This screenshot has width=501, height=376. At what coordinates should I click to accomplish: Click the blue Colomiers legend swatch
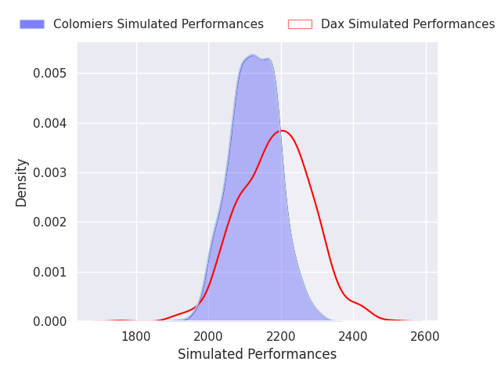point(32,24)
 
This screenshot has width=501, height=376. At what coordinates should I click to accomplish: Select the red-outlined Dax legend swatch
point(300,24)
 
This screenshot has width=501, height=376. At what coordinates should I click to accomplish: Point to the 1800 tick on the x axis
point(136,337)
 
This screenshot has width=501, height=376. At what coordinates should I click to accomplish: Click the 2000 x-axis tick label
point(208,337)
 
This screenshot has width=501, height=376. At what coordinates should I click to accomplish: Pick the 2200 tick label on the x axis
point(281,337)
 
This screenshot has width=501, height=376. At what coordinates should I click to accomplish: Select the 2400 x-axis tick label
point(353,337)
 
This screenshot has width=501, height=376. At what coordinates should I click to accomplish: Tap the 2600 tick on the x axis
point(425,337)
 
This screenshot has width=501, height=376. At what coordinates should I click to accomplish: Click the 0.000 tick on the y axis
point(50,322)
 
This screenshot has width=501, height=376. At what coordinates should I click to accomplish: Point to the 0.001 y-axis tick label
point(50,272)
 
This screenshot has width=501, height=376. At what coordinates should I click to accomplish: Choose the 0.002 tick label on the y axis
point(50,222)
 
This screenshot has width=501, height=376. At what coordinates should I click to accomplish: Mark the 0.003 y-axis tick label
point(50,172)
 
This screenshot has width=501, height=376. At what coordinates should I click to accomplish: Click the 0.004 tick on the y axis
point(50,123)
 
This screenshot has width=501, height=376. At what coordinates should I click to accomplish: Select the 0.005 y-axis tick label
point(50,73)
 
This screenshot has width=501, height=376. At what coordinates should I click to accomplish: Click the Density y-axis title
point(21,183)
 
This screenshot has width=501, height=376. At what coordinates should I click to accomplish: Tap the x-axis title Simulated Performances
point(258,354)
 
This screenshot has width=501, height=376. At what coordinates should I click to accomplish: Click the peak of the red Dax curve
point(283,131)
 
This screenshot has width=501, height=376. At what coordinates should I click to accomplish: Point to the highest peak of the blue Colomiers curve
point(252,55)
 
